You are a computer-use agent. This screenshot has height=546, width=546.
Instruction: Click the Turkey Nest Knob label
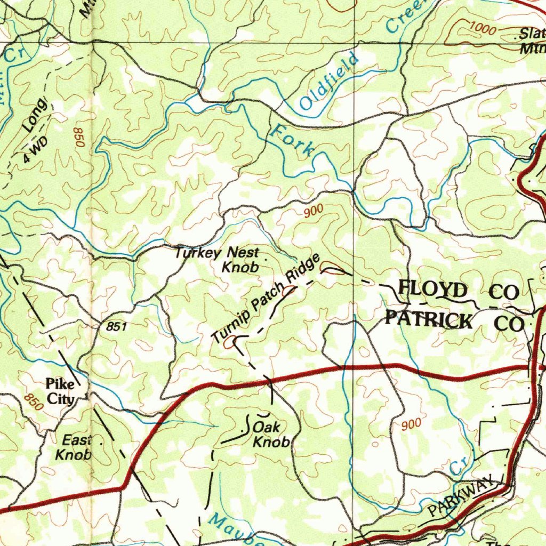225,259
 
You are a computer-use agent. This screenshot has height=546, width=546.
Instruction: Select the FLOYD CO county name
459,291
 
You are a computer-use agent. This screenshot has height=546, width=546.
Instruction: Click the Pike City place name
60,391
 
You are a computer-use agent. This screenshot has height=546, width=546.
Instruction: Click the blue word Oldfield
328,82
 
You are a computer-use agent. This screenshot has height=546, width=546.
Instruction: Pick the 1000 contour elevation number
483,29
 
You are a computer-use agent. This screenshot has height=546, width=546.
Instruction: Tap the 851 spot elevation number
116,327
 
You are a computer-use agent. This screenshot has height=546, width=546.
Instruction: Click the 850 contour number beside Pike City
33,402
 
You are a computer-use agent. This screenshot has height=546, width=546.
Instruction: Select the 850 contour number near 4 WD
79,138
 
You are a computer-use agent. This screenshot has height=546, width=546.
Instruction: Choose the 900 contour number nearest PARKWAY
411,424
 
